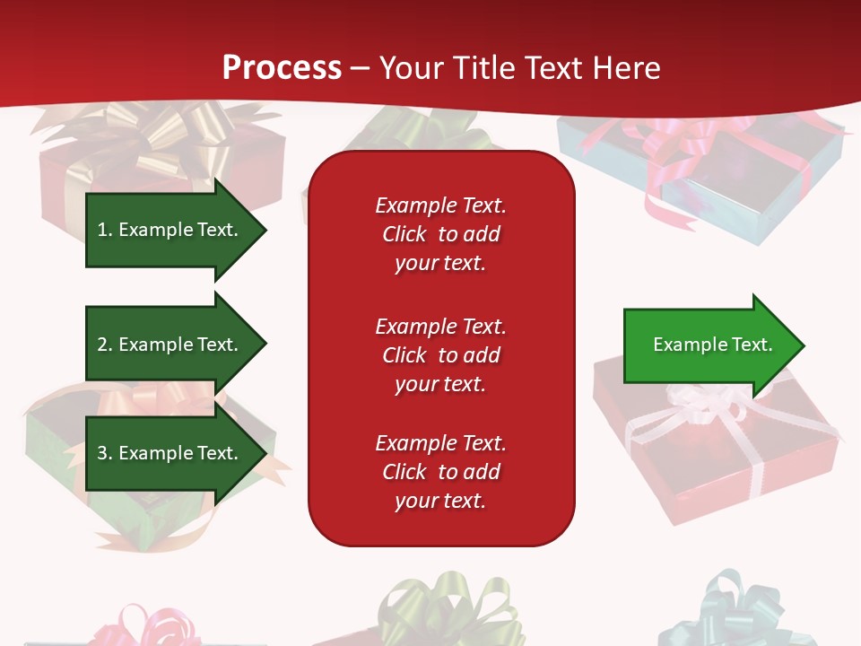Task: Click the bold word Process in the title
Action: click(x=282, y=67)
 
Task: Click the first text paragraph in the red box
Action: click(x=440, y=234)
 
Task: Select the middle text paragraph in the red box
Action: click(x=440, y=355)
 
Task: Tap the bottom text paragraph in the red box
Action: click(x=440, y=472)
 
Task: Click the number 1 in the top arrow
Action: click(x=103, y=230)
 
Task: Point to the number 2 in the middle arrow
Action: click(x=103, y=345)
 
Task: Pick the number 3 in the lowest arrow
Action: click(x=103, y=453)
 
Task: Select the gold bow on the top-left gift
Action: click(x=170, y=135)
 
